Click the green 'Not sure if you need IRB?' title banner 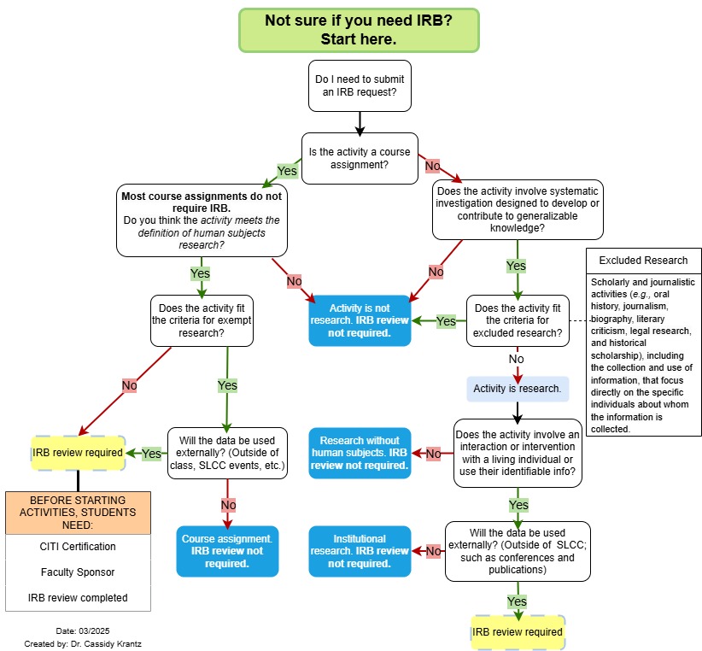[359, 30]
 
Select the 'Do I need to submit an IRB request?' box [360, 86]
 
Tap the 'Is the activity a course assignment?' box [360, 159]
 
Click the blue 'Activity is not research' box [359, 320]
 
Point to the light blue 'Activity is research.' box [518, 390]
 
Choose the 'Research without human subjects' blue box [360, 453]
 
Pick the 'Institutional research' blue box [360, 551]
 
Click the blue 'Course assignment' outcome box [227, 551]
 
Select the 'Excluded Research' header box [643, 261]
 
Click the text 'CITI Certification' [78, 547]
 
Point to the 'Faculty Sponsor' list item [78, 572]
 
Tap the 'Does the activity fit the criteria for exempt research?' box [202, 320]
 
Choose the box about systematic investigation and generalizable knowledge [517, 208]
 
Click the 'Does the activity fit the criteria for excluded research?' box [518, 320]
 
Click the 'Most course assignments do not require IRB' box [202, 220]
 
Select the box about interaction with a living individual [518, 453]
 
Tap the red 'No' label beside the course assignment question [432, 166]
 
